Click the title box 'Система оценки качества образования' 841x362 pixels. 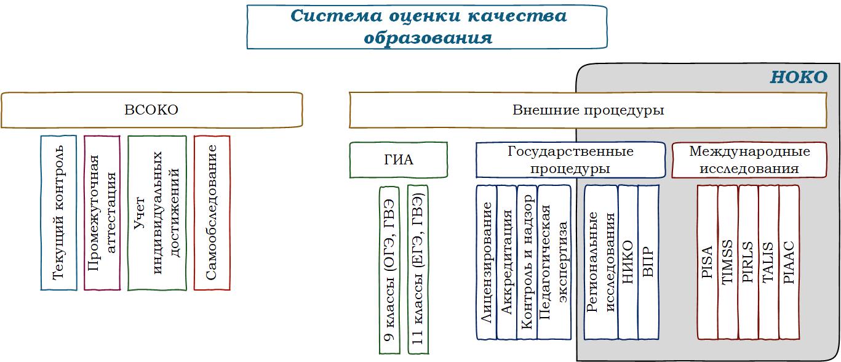pos(427,26)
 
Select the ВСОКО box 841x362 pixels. pos(151,110)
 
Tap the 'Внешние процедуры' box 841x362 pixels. pos(588,110)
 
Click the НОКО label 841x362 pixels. pos(799,78)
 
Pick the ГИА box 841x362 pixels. pos(398,160)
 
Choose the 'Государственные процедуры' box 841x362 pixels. pos(570,160)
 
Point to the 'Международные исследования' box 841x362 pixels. pos(749,160)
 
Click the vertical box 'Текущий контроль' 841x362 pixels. pos(58,212)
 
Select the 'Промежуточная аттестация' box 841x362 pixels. pos(102,212)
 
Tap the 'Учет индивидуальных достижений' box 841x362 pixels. pos(157,212)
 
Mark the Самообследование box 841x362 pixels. pos(212,212)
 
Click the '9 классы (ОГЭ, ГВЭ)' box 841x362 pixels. pos(389,270)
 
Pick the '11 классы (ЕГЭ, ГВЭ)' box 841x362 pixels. pos(418,270)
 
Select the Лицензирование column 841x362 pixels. pos(486,262)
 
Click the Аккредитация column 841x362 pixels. pos(506,262)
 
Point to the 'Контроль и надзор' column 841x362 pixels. pos(527,262)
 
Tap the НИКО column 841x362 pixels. pos(628,262)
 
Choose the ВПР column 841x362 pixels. pos(648,262)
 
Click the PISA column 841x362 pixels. pos(707,262)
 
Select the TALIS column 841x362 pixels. pos(768,262)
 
